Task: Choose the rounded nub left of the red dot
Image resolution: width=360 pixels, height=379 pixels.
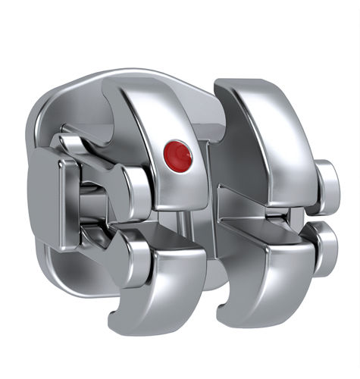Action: point(136,186)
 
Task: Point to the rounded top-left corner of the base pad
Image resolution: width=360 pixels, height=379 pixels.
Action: point(45,106)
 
